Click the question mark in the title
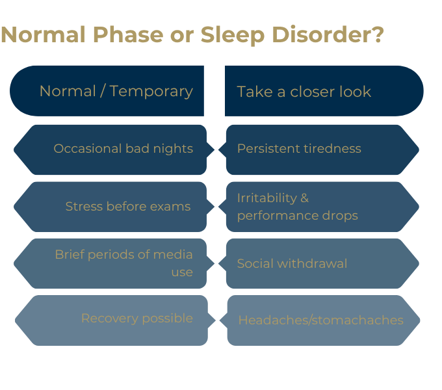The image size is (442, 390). click(377, 34)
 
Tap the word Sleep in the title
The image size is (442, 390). click(233, 36)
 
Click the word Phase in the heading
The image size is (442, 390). click(128, 34)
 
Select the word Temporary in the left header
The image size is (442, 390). click(151, 92)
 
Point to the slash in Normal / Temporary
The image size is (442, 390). click(103, 91)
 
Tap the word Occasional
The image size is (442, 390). click(88, 148)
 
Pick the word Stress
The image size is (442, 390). click(84, 206)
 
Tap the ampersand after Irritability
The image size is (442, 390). click(304, 198)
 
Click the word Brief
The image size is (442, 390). click(70, 254)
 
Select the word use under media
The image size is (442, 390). click(182, 273)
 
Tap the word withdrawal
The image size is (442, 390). click(313, 264)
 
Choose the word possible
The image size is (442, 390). click(168, 318)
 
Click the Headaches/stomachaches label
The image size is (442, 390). click(321, 320)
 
